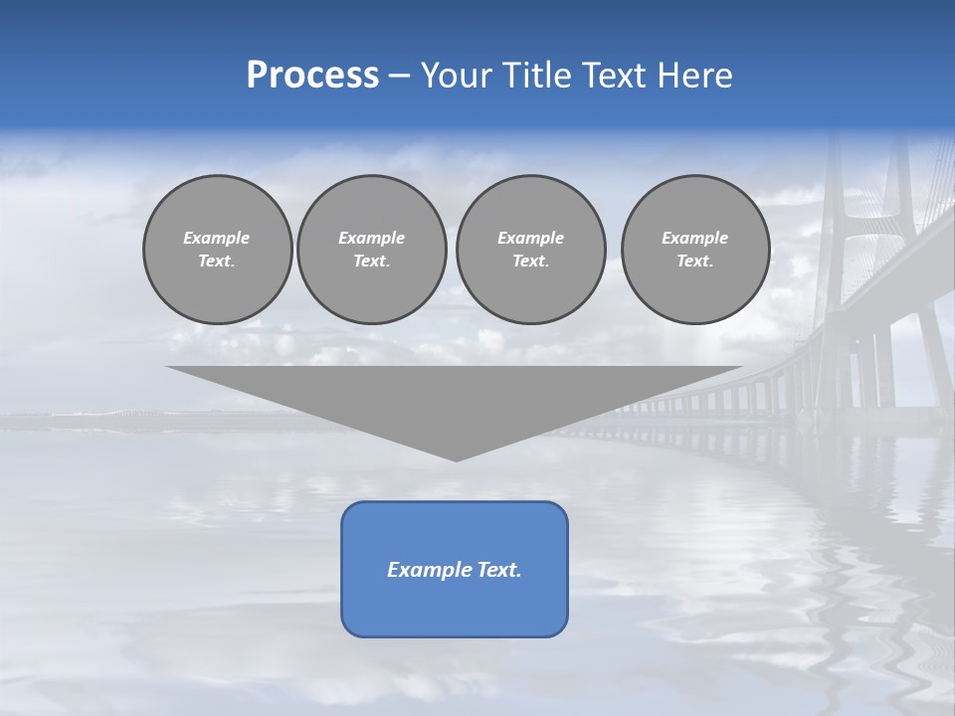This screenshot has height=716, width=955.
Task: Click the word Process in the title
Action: (312, 76)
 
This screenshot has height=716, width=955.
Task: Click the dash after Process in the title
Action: (399, 77)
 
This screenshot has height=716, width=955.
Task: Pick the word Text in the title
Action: (615, 76)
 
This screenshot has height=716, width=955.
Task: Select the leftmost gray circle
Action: (217, 249)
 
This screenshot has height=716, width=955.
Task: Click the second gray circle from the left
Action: (371, 249)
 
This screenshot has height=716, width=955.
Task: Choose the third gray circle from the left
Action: (530, 249)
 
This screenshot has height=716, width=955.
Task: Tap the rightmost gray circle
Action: (694, 249)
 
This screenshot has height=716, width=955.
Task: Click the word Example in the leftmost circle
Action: (217, 238)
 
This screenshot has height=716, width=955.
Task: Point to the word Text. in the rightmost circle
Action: (694, 261)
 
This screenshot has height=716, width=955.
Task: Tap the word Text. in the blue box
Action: (499, 570)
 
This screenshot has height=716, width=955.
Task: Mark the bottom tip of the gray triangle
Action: (457, 459)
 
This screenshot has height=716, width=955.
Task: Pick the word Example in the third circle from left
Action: (530, 238)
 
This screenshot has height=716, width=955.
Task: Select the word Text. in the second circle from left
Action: (371, 261)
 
